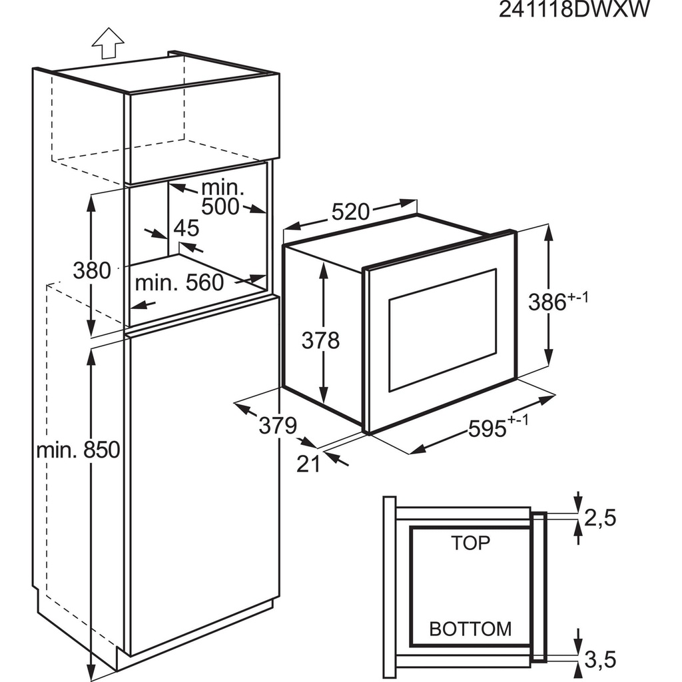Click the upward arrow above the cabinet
click(x=107, y=45)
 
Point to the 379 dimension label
click(x=276, y=426)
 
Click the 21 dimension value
click(x=308, y=464)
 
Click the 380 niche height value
click(x=91, y=270)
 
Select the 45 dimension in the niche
click(x=186, y=228)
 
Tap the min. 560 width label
click(x=179, y=283)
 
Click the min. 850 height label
click(x=78, y=450)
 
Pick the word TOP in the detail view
click(x=470, y=543)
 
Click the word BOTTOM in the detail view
click(x=470, y=628)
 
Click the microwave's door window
click(x=442, y=329)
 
